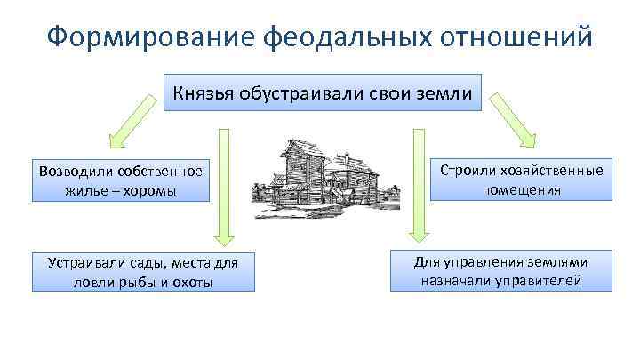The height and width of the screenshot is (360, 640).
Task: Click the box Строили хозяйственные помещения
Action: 522,180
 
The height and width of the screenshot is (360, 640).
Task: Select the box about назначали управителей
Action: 501,271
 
